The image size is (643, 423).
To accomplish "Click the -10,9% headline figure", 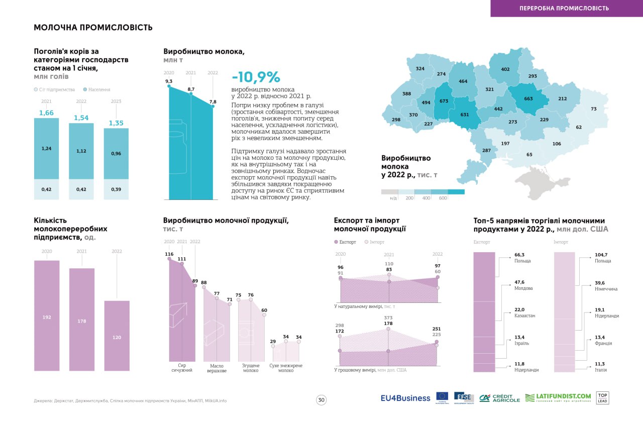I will click(256, 77).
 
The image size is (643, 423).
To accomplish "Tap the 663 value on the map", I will click(528, 99).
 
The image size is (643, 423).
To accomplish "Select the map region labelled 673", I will click(444, 101).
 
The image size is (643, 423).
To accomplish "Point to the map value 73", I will click(593, 109).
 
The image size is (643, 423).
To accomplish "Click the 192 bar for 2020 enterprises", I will click(47, 318).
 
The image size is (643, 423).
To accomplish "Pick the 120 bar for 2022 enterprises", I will click(117, 338).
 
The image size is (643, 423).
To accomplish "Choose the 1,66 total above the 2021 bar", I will click(46, 113).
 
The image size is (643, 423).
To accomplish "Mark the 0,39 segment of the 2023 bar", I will click(117, 189).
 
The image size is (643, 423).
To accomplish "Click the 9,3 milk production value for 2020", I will click(169, 81).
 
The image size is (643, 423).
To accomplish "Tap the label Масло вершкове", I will click(217, 368).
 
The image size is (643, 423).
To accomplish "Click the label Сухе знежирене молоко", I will click(286, 368).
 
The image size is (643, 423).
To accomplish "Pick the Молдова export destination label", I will click(523, 288).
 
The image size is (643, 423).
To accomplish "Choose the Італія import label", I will click(601, 370).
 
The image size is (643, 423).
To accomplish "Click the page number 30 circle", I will click(321, 400).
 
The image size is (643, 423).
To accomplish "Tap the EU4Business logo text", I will click(405, 398).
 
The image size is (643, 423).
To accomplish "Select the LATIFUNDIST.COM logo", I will click(558, 397).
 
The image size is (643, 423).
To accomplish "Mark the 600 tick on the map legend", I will click(443, 198).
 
